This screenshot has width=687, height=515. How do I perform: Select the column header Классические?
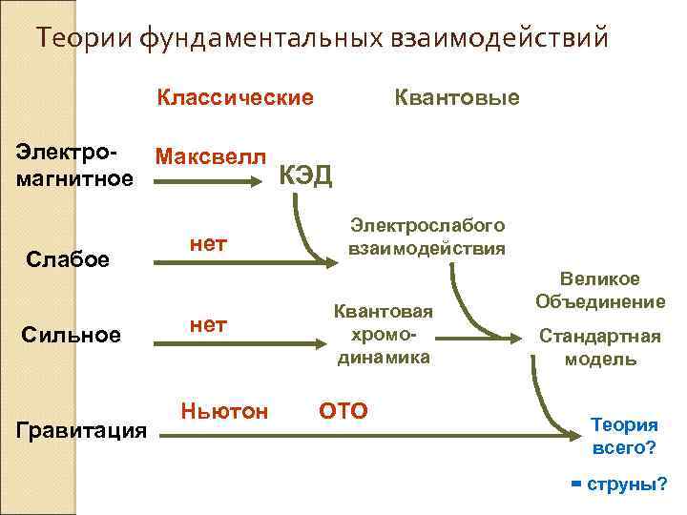(235, 98)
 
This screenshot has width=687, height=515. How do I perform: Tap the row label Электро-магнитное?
(75, 166)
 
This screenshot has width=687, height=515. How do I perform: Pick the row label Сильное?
(73, 335)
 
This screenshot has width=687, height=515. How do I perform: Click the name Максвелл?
(211, 156)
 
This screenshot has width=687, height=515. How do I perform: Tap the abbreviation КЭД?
(305, 176)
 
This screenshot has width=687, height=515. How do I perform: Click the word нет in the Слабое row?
(208, 244)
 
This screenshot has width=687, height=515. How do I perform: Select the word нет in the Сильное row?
(208, 325)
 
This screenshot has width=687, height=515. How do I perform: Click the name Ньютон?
(224, 410)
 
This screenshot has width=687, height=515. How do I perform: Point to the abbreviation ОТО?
(343, 411)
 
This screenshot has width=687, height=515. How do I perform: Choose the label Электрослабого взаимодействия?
(427, 235)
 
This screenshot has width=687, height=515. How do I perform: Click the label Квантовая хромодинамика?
(383, 334)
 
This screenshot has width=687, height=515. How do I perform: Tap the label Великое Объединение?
(600, 290)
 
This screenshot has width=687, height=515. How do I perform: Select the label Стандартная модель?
(600, 347)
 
